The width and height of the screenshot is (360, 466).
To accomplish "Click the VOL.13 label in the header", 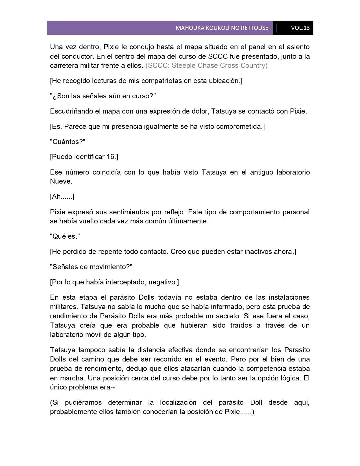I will pyautogui.click(x=300, y=28).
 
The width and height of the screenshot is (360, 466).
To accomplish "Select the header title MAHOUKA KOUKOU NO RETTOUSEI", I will pyautogui.click(x=222, y=28).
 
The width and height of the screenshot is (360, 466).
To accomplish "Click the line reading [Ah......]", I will pyautogui.click(x=62, y=197).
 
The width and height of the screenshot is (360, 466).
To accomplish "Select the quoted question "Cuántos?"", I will pyautogui.click(x=67, y=141).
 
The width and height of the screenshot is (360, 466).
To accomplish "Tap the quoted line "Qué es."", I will pyautogui.click(x=65, y=236).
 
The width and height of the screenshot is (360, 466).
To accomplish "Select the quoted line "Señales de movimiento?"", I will pyautogui.click(x=91, y=267).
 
